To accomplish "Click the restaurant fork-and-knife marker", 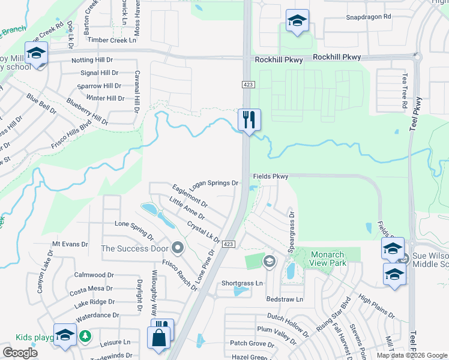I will [249, 119].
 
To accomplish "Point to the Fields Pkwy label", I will [270, 176].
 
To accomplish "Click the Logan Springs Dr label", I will [213, 184].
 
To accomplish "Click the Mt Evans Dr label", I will [70, 244].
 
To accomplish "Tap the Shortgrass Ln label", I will [242, 283].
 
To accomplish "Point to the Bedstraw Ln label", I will [285, 299].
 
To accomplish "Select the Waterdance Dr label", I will [97, 315].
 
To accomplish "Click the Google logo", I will [20, 353].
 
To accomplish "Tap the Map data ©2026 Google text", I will [411, 355].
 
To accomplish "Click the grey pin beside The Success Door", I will [177, 247].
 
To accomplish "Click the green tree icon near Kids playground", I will [85, 335].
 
